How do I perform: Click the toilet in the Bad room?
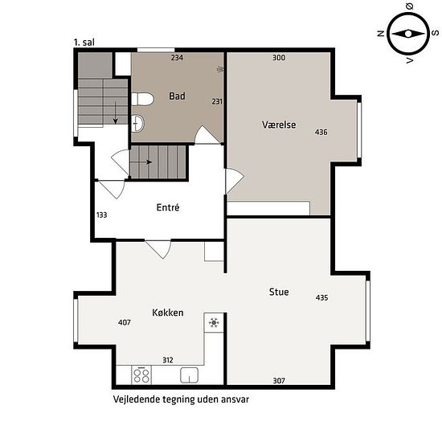click(142, 99)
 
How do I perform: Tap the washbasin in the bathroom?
click(138, 123)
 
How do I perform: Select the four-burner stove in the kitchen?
click(141, 375)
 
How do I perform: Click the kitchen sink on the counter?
click(189, 375)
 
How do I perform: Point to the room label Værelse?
click(279, 125)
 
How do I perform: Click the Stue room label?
click(279, 292)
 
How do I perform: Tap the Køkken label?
click(168, 313)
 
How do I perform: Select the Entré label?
click(168, 207)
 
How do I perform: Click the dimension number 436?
click(321, 132)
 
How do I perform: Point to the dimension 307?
click(279, 381)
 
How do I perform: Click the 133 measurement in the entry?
click(102, 215)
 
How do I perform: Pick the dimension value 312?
click(168, 360)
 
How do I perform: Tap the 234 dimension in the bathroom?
click(177, 58)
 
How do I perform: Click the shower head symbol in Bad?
click(220, 69)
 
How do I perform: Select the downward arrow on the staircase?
click(115, 113)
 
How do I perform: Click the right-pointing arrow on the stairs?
click(141, 162)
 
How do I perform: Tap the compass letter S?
click(436, 33)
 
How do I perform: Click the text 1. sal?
click(84, 43)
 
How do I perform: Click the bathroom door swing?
click(207, 135)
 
